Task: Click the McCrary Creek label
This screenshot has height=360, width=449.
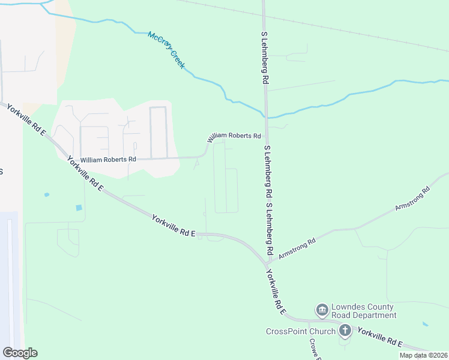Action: click(166, 50)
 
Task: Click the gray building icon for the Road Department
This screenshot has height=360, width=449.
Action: click(322, 310)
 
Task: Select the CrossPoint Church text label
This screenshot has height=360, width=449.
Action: click(300, 331)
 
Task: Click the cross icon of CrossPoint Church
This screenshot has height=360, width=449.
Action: click(345, 330)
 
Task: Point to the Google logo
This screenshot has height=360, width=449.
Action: click(20, 353)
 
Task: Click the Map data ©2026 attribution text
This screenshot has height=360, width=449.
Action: click(423, 355)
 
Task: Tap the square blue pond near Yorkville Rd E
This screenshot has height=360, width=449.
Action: click(79, 208)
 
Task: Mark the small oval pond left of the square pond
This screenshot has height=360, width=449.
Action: click(46, 194)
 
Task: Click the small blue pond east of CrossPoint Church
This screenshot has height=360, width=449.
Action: click(426, 324)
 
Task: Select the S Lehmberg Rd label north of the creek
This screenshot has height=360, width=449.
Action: click(264, 58)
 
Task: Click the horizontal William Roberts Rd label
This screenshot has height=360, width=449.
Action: click(109, 160)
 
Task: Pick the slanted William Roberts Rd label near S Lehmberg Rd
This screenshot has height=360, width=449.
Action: click(235, 136)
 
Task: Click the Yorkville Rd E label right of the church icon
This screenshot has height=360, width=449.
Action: click(379, 337)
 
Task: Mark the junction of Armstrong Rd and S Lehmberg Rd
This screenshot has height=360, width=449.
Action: click(268, 261)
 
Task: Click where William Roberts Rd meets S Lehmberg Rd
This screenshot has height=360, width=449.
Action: click(266, 136)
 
